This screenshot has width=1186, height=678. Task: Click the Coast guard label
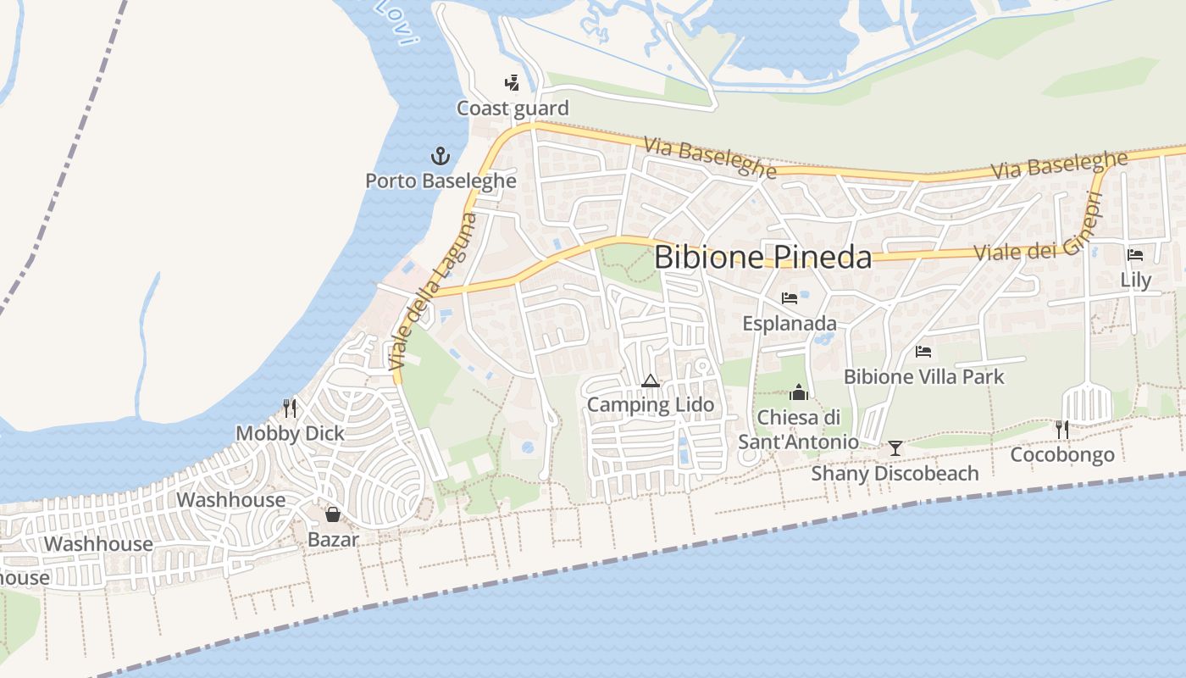click(x=513, y=108)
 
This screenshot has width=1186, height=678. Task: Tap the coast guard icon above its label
click(x=512, y=82)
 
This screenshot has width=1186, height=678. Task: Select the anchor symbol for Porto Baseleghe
click(x=440, y=156)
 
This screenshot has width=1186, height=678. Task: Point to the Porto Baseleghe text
click(x=441, y=181)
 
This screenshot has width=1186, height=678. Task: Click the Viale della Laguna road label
click(x=433, y=292)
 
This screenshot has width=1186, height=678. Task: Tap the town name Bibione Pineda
click(x=763, y=257)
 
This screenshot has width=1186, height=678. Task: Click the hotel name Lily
click(x=1135, y=280)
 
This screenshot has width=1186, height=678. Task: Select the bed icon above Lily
click(x=1135, y=254)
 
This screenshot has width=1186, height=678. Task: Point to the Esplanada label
click(x=790, y=324)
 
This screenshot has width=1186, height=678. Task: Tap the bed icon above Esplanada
click(x=790, y=298)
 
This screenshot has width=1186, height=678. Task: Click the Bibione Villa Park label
click(x=924, y=376)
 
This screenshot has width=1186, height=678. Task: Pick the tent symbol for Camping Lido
click(x=651, y=381)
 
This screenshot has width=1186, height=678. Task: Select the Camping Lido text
click(x=651, y=405)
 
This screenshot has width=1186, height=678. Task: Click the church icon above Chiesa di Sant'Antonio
click(x=798, y=392)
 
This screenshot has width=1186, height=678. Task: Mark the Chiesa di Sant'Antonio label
click(x=798, y=429)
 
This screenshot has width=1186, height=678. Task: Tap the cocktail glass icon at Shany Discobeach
click(x=895, y=448)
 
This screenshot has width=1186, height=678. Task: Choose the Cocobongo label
click(x=1062, y=455)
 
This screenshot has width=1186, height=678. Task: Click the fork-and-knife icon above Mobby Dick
click(x=290, y=408)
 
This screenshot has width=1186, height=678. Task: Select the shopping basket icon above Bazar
click(x=333, y=514)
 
